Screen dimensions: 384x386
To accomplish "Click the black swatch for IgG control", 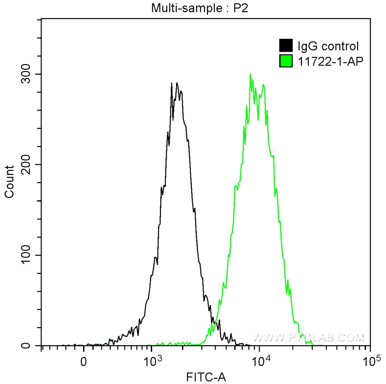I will click(x=286, y=46).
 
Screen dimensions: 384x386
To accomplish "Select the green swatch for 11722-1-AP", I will click(x=286, y=60).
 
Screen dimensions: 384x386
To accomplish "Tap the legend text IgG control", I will click(x=328, y=46).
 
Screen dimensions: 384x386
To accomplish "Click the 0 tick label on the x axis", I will click(x=84, y=362).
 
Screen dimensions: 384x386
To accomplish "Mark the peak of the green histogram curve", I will click(x=250, y=74).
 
